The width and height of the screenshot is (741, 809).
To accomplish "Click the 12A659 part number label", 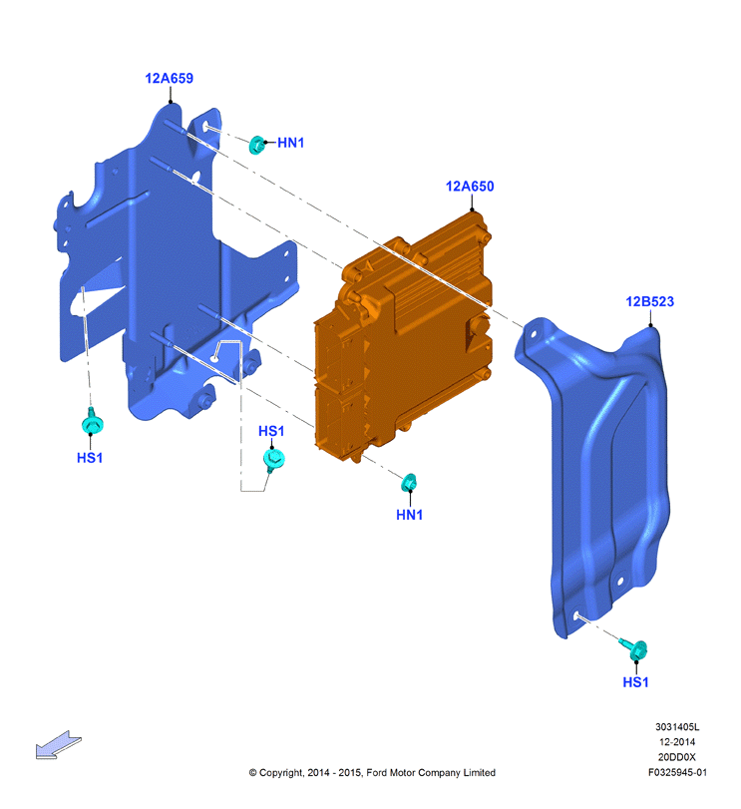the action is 170,79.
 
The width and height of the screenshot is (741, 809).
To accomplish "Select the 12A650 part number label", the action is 470,187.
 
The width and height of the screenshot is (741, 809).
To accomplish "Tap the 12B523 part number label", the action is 649,302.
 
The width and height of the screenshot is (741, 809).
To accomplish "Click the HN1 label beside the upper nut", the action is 291,143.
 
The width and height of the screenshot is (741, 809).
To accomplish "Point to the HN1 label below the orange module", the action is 410,515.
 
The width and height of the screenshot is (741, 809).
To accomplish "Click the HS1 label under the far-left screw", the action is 90,458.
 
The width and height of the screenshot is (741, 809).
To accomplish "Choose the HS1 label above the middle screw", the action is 271,431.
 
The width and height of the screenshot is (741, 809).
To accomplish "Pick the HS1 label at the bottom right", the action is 636,682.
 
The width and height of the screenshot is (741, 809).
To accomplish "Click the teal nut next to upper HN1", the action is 256,145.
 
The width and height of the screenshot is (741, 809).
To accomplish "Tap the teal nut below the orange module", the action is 409,483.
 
